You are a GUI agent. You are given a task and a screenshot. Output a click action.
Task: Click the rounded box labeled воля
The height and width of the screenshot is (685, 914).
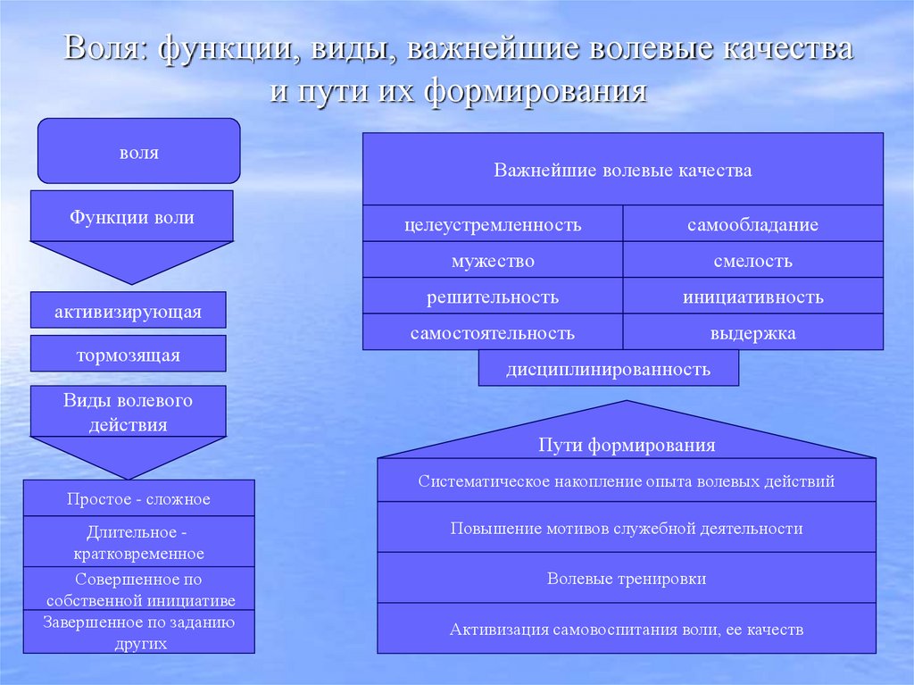138,151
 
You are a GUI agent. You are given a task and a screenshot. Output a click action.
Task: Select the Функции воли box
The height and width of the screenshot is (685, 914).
131,217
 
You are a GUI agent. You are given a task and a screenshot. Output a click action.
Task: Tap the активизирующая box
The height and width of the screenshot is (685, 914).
128,311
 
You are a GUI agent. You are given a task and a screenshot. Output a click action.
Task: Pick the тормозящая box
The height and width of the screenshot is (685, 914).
128,355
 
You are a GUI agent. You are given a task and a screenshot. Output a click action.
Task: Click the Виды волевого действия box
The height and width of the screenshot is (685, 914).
128,412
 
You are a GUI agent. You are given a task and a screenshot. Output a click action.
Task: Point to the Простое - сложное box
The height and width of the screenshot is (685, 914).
138,498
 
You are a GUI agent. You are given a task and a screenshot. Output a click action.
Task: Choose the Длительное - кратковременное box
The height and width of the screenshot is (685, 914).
138,542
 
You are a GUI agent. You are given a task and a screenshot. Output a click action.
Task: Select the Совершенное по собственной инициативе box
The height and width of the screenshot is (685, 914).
138,589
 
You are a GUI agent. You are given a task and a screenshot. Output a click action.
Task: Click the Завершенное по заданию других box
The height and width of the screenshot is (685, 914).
138,632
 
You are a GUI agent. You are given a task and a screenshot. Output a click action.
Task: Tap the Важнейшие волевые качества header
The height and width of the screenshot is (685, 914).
622,170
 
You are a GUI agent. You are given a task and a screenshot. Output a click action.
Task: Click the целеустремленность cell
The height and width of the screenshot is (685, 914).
492,224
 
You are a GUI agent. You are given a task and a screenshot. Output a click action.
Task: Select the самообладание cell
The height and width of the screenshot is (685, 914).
752,224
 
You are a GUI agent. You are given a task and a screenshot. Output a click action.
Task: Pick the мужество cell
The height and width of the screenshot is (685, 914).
492,261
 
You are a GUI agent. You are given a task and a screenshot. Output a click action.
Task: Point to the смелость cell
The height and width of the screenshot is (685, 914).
752,261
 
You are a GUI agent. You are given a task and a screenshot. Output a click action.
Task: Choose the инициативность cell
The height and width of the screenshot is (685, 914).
752,297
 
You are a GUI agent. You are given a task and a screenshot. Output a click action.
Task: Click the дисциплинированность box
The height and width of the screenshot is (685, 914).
608,368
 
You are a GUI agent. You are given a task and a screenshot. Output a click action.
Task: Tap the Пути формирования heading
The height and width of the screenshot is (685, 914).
627,445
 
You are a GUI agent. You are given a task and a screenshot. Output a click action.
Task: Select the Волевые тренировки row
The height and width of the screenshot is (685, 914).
627,578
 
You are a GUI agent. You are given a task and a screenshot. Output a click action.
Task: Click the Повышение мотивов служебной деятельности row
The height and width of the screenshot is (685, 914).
627,528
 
